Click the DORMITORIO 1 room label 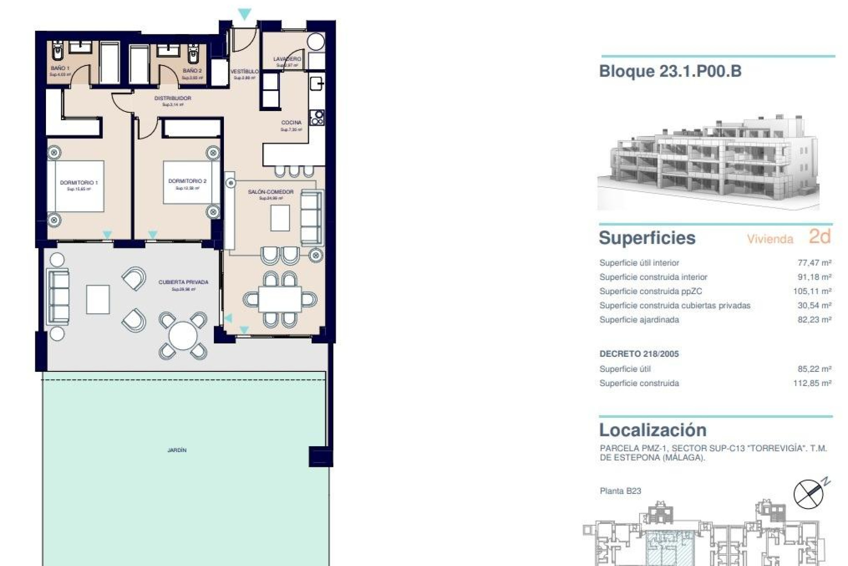79,182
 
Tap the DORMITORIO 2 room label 187,181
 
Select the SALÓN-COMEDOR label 271,192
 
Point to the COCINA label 291,122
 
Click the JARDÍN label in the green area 177,450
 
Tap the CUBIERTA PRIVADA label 183,282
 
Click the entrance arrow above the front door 244,14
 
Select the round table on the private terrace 183,335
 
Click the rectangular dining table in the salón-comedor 280,299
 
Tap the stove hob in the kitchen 317,117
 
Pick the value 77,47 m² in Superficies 814,263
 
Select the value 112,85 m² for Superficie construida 812,383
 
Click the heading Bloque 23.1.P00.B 670,71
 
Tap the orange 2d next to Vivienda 820,237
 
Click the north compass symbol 809,493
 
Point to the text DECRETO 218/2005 639,354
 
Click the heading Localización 653,430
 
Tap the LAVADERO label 287,59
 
